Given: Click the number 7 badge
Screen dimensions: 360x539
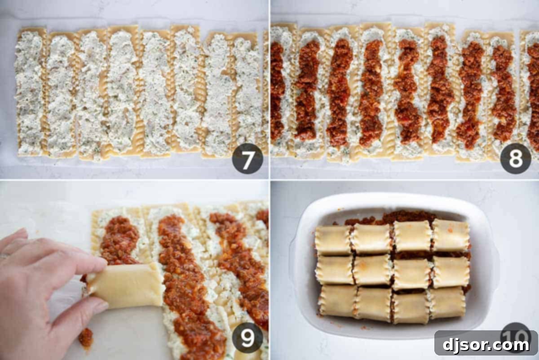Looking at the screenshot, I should point(247,158).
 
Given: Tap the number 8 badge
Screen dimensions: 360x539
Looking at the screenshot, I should point(516,158).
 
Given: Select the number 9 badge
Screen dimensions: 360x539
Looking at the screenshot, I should point(247,337).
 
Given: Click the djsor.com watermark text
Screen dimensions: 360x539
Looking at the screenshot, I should point(486,345).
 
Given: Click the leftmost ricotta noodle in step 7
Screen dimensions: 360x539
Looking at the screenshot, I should point(29,92).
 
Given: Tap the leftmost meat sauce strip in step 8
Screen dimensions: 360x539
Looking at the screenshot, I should point(277,90).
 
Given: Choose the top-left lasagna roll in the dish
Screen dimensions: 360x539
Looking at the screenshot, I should point(333,240).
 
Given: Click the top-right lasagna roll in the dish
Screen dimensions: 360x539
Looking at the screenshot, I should point(451,235).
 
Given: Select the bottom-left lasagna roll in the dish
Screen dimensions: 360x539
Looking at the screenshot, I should point(337,301).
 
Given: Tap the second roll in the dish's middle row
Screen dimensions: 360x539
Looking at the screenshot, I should point(372,270).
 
